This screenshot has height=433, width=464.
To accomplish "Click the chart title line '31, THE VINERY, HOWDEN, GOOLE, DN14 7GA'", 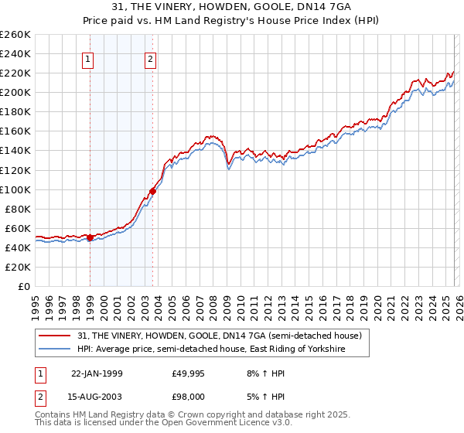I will click(232, 7).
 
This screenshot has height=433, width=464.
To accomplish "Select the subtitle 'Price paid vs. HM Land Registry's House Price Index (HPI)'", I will click(232, 20).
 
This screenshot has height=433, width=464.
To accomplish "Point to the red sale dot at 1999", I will click(90, 237).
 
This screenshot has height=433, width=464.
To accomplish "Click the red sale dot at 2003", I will click(152, 191).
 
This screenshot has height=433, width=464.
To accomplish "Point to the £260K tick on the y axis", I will click(15, 35).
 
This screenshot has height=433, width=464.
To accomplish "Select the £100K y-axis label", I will click(15, 189).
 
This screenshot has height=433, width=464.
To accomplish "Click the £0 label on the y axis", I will click(23, 286).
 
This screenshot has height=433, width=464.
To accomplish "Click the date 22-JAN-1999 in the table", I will click(97, 373).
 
